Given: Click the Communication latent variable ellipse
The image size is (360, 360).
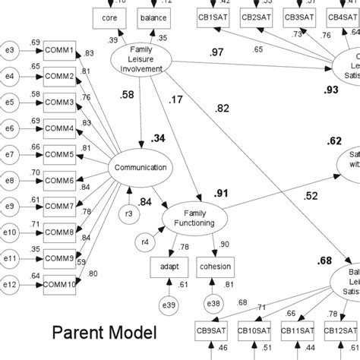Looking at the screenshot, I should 141,169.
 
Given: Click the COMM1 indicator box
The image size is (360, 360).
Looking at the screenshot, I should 59,51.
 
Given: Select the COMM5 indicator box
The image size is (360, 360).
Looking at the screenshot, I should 59,154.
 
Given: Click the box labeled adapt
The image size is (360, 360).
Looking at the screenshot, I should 169,268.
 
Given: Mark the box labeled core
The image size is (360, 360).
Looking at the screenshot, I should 108,16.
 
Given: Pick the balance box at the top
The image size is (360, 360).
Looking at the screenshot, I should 154,16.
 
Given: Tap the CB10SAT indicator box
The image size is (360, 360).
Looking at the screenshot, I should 254,331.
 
